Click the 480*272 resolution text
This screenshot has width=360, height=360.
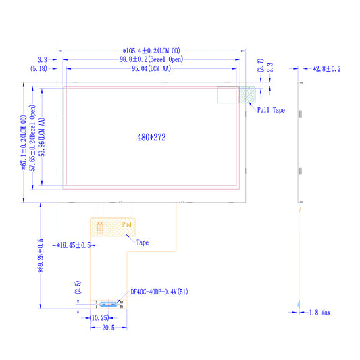click(151, 137)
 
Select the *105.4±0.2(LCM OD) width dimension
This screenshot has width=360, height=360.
click(151, 51)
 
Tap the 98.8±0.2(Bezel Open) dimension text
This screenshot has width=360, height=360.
click(151, 59)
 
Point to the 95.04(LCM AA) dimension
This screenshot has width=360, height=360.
click(151, 68)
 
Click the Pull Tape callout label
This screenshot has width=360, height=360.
click(271, 110)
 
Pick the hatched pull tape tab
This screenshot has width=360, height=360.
click(247, 95)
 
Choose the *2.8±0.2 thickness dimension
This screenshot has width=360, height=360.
click(327, 69)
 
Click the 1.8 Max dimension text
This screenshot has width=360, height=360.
click(320, 313)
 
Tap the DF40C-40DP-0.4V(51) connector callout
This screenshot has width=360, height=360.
click(159, 292)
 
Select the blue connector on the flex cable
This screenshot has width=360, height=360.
click(108, 304)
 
